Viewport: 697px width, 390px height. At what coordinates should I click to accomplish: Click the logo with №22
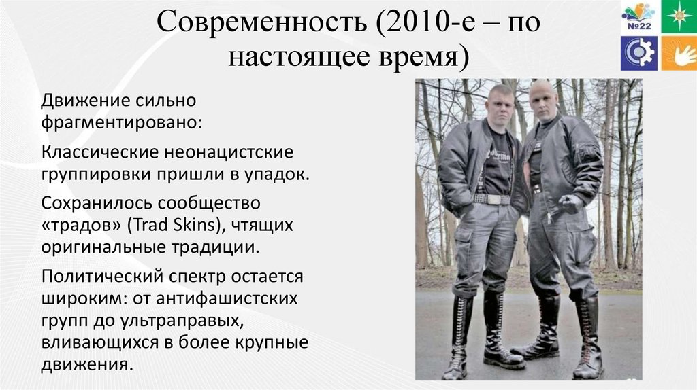tap(638, 16)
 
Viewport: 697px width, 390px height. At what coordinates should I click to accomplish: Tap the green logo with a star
tap(679, 16)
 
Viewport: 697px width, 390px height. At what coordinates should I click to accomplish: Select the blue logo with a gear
tap(638, 54)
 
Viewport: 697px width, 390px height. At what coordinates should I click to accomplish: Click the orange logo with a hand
tap(679, 54)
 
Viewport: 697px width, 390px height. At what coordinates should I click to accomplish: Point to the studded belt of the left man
tap(491, 199)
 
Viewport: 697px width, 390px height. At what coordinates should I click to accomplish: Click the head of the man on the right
tap(545, 99)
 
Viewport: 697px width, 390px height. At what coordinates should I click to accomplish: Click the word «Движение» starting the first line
tap(80, 101)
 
